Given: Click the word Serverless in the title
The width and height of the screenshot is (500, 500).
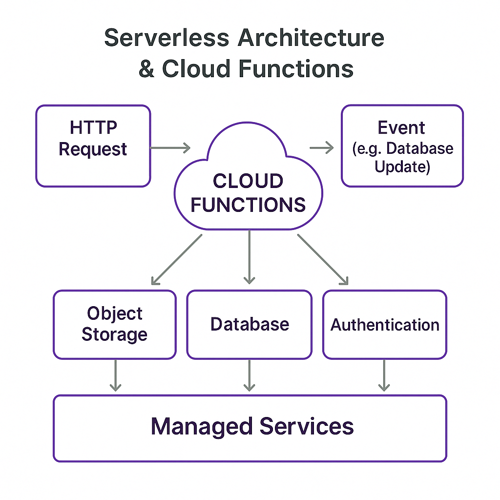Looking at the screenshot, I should pyautogui.click(x=167, y=39).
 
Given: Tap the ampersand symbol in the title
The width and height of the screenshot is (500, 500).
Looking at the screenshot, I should pyautogui.click(x=146, y=68).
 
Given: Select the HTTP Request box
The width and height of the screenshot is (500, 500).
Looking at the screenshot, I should pyautogui.click(x=93, y=146).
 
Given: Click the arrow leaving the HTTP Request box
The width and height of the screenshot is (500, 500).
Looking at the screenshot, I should pyautogui.click(x=170, y=147).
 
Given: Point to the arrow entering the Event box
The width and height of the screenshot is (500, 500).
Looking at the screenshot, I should pyautogui.click(x=322, y=147).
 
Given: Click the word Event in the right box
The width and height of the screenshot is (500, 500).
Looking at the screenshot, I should pyautogui.click(x=401, y=128).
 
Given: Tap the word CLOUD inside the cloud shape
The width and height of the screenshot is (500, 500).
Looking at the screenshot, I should pyautogui.click(x=248, y=181).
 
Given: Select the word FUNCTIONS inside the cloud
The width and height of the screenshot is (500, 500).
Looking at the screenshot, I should pyautogui.click(x=248, y=204).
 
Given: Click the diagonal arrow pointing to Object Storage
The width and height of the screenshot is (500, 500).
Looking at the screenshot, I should pyautogui.click(x=176, y=259).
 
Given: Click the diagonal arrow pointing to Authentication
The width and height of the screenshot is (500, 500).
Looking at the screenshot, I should pyautogui.click(x=323, y=259).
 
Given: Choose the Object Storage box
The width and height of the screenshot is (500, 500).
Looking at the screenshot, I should pyautogui.click(x=114, y=324).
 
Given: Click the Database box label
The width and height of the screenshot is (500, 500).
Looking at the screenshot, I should pyautogui.click(x=250, y=324).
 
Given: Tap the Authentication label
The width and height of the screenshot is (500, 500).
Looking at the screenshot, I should pyautogui.click(x=385, y=325).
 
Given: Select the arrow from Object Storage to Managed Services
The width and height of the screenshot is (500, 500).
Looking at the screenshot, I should pyautogui.click(x=115, y=375).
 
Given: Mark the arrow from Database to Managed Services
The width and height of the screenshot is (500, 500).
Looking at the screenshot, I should pyautogui.click(x=249, y=375).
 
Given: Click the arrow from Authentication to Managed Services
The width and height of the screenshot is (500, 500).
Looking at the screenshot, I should pyautogui.click(x=384, y=375).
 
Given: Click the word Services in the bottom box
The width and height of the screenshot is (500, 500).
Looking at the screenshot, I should pyautogui.click(x=306, y=426).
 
